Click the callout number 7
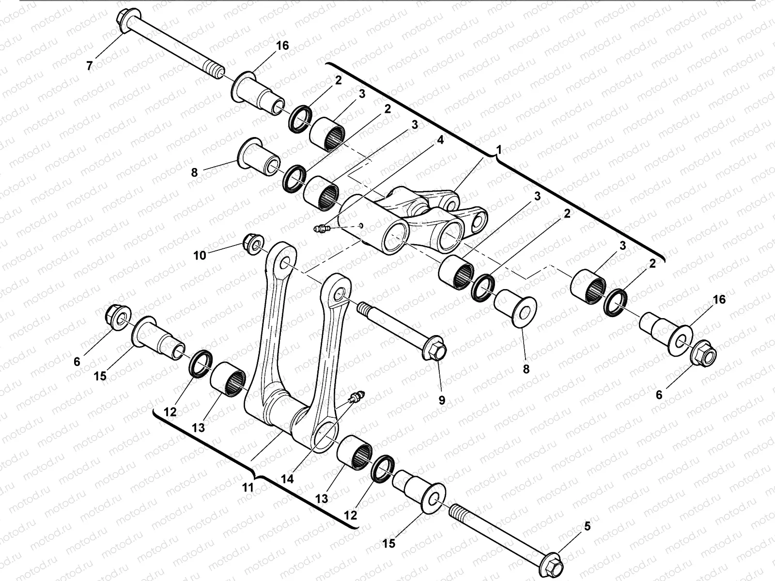click(x=89, y=65)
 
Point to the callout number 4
click(x=440, y=140)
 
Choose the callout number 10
click(x=200, y=255)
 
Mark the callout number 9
click(x=442, y=400)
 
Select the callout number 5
click(x=587, y=526)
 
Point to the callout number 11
click(x=248, y=488)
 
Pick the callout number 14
click(x=288, y=479)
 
